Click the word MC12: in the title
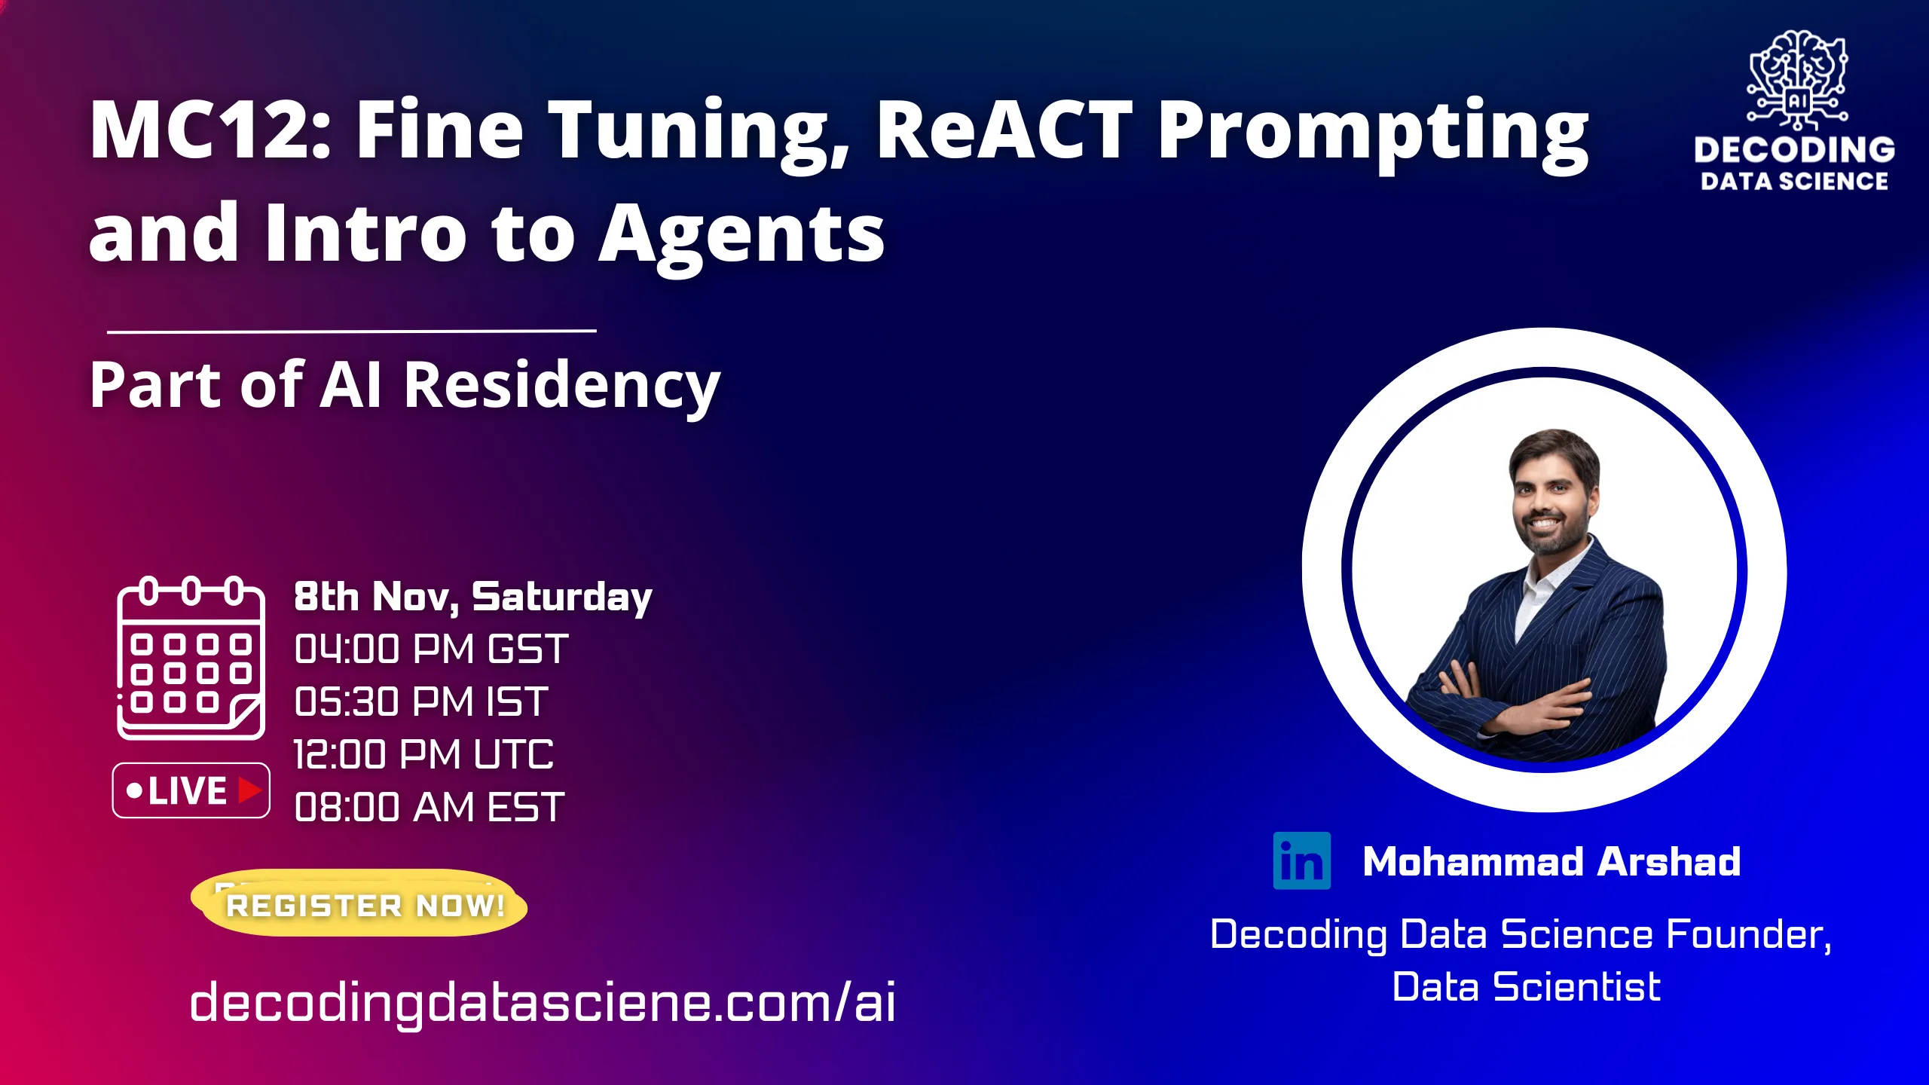point(209,130)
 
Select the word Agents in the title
point(741,235)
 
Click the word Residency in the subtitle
point(562,386)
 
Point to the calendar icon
point(191,659)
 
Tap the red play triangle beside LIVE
point(249,790)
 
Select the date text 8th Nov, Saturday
point(472,597)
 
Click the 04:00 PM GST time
point(431,649)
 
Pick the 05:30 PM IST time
point(420,702)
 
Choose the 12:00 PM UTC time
point(423,755)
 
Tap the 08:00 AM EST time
point(429,808)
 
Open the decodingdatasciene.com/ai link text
point(543,1002)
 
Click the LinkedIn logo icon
point(1301,860)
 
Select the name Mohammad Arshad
point(1551,861)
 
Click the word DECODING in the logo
point(1794,150)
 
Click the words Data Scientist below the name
point(1526,987)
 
